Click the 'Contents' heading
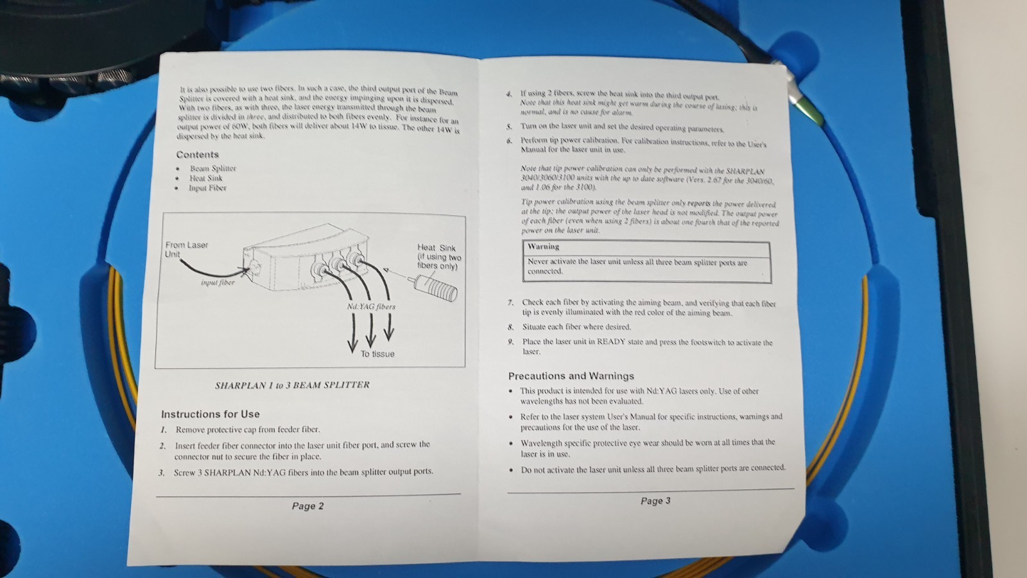coord(198,155)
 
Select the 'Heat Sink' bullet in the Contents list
coord(206,178)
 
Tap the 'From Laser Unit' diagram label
coord(187,250)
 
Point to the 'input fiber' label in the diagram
coord(218,283)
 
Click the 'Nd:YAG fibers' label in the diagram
coord(371,306)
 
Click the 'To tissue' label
coord(377,354)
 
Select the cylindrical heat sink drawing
coord(436,287)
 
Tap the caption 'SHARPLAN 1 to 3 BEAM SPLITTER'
coord(292,385)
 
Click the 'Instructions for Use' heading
coord(211,414)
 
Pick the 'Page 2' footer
coord(307,506)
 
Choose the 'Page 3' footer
coord(655,501)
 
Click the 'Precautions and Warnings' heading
coord(571,376)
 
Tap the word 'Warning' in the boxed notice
coord(543,247)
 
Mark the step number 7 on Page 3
coord(510,302)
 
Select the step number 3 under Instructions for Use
coord(161,473)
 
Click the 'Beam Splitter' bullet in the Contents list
coord(213,168)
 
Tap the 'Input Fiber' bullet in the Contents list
coord(208,188)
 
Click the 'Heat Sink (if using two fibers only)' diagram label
coord(439,257)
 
